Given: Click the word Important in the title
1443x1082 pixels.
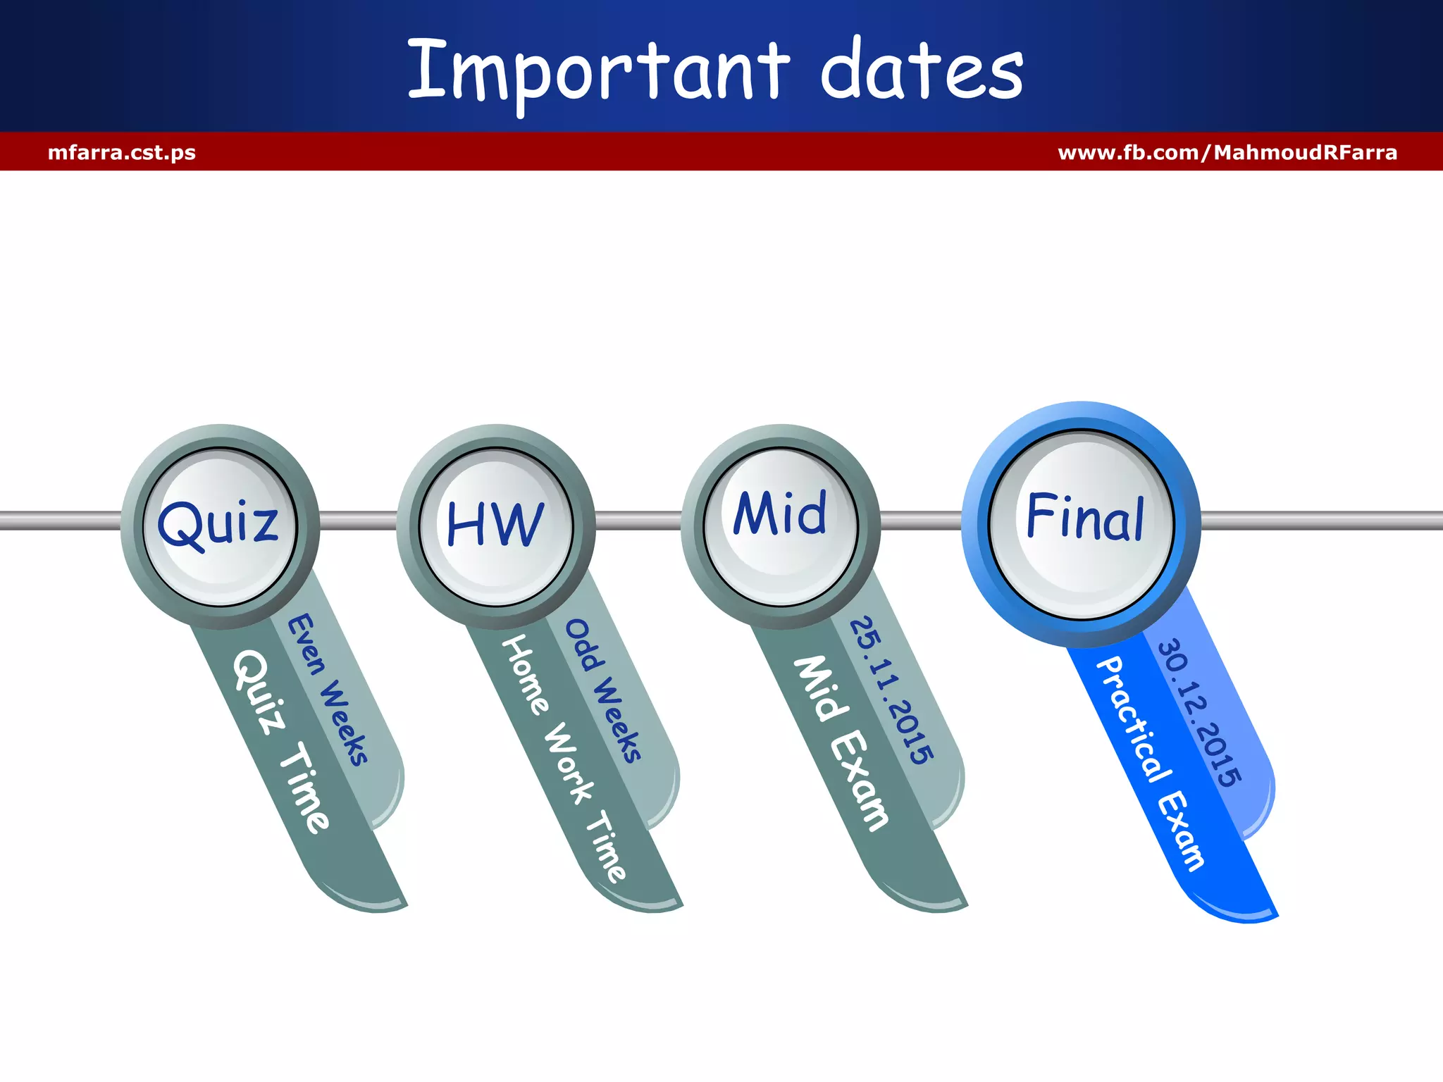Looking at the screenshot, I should tap(599, 70).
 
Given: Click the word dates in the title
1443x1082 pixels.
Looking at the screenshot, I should tap(922, 70).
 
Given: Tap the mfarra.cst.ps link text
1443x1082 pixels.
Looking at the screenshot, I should tap(122, 152).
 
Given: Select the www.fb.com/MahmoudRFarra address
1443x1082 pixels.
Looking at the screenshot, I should tap(1227, 152).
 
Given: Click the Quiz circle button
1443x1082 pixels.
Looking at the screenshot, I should tap(220, 526).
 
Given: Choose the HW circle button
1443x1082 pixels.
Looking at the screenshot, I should tap(496, 526).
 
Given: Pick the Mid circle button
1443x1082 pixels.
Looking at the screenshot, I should tap(781, 526).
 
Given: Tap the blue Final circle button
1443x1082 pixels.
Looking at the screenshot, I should tap(1082, 523).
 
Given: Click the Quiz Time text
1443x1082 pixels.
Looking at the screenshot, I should tap(280, 741).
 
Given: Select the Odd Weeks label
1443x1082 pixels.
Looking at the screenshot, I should tap(604, 691).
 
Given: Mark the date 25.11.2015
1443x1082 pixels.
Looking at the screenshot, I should tap(891, 691).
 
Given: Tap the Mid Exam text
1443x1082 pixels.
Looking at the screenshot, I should tap(841, 743).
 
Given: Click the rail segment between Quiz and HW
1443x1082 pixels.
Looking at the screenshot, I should tap(358, 521).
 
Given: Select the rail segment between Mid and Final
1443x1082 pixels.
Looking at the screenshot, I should tap(922, 521).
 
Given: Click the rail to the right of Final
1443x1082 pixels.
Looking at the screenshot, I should tap(1321, 521).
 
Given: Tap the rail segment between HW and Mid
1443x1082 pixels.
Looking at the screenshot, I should tap(638, 521).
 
